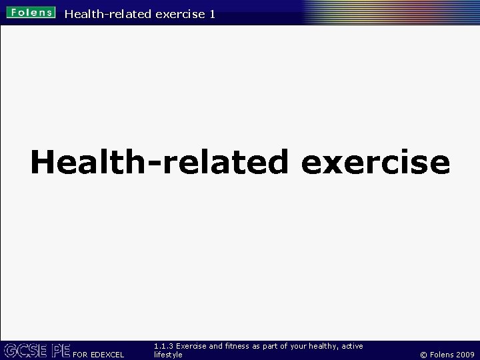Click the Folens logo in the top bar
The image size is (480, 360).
31,13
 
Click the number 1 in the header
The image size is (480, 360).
211,13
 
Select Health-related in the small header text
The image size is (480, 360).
107,13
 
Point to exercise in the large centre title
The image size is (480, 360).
375,162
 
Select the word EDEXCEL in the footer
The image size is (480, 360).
106,355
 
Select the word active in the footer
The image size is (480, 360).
352,347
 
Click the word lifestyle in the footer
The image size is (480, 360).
168,355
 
